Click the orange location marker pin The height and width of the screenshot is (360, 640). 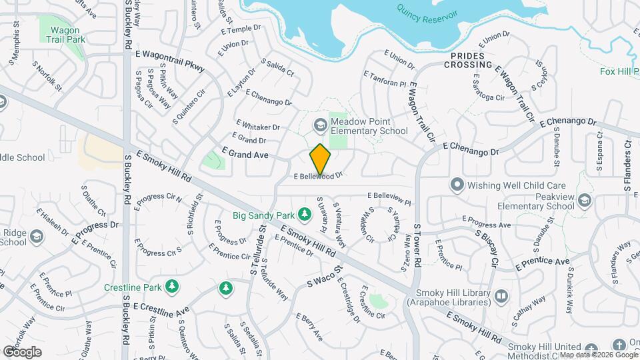coord(320,159)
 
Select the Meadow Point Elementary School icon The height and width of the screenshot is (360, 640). coord(320,125)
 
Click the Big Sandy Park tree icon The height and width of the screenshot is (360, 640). coord(304,215)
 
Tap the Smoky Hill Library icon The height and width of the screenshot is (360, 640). coord(501,295)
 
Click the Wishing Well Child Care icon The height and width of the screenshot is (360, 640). coord(457,183)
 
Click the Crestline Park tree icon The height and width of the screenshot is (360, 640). coord(173,287)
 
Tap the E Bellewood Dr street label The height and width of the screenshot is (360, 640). coord(319,177)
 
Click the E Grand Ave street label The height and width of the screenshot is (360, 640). coord(245,153)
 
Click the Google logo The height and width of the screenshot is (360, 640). coord(22,351)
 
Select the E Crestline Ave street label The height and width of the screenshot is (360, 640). coord(161,309)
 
